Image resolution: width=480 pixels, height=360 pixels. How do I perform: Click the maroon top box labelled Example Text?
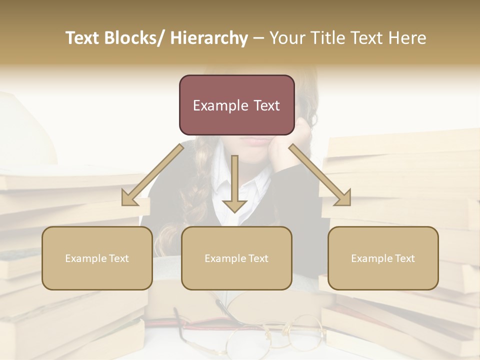(x=236, y=105)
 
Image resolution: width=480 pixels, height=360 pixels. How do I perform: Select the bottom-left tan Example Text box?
(x=97, y=258)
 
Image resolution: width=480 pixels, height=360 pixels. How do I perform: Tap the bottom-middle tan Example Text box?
(x=236, y=258)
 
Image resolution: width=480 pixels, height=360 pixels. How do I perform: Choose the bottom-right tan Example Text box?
(x=383, y=258)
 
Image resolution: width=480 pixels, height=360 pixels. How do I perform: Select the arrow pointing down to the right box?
(x=320, y=175)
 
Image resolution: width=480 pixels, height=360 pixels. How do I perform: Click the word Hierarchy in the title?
(x=209, y=38)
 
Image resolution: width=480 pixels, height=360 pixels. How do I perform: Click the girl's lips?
(x=258, y=142)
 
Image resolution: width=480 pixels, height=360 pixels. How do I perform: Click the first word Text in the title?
(x=82, y=38)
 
